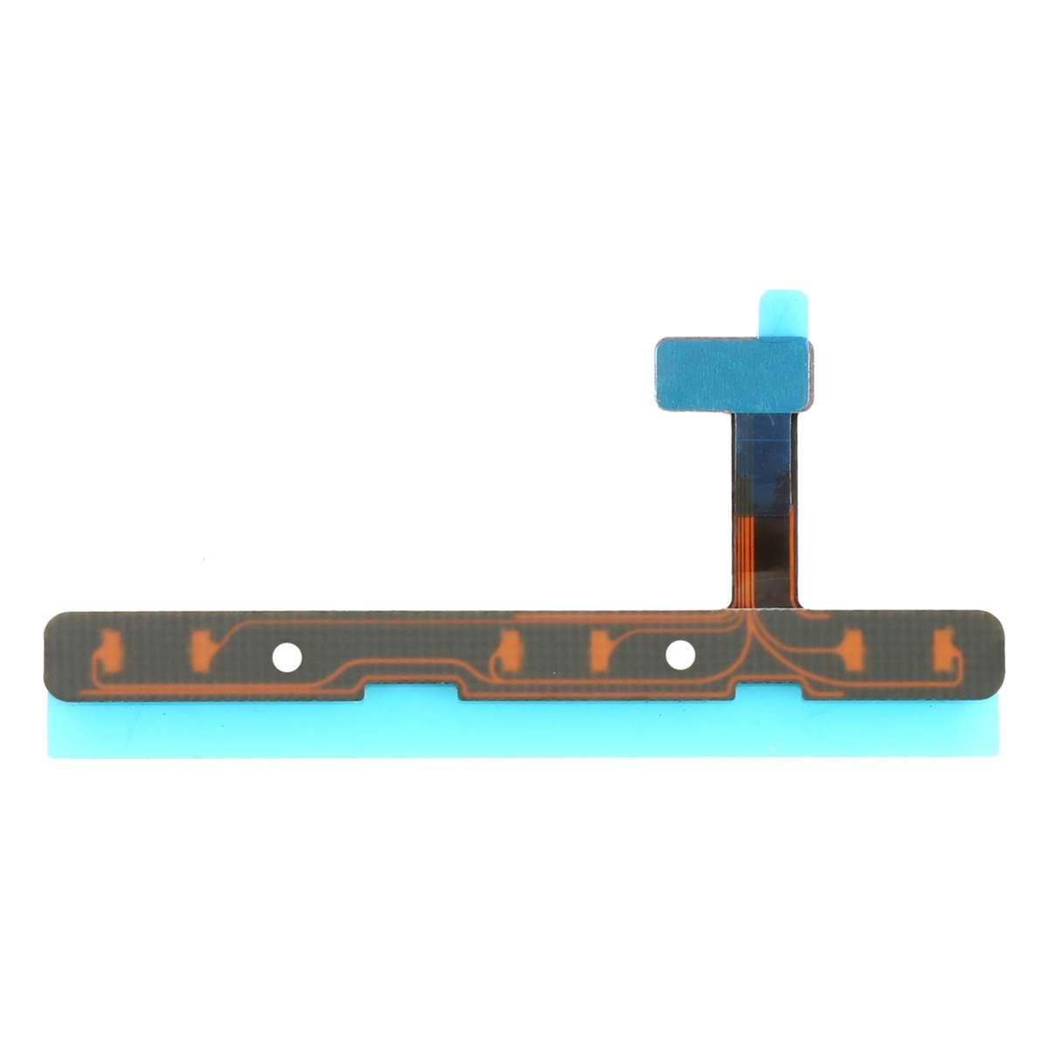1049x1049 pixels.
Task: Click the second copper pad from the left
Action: point(201,647)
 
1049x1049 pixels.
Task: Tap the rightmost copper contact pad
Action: point(945,646)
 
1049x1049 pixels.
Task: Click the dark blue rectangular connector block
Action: point(733,373)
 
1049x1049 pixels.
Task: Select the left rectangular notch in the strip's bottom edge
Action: point(413,690)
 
